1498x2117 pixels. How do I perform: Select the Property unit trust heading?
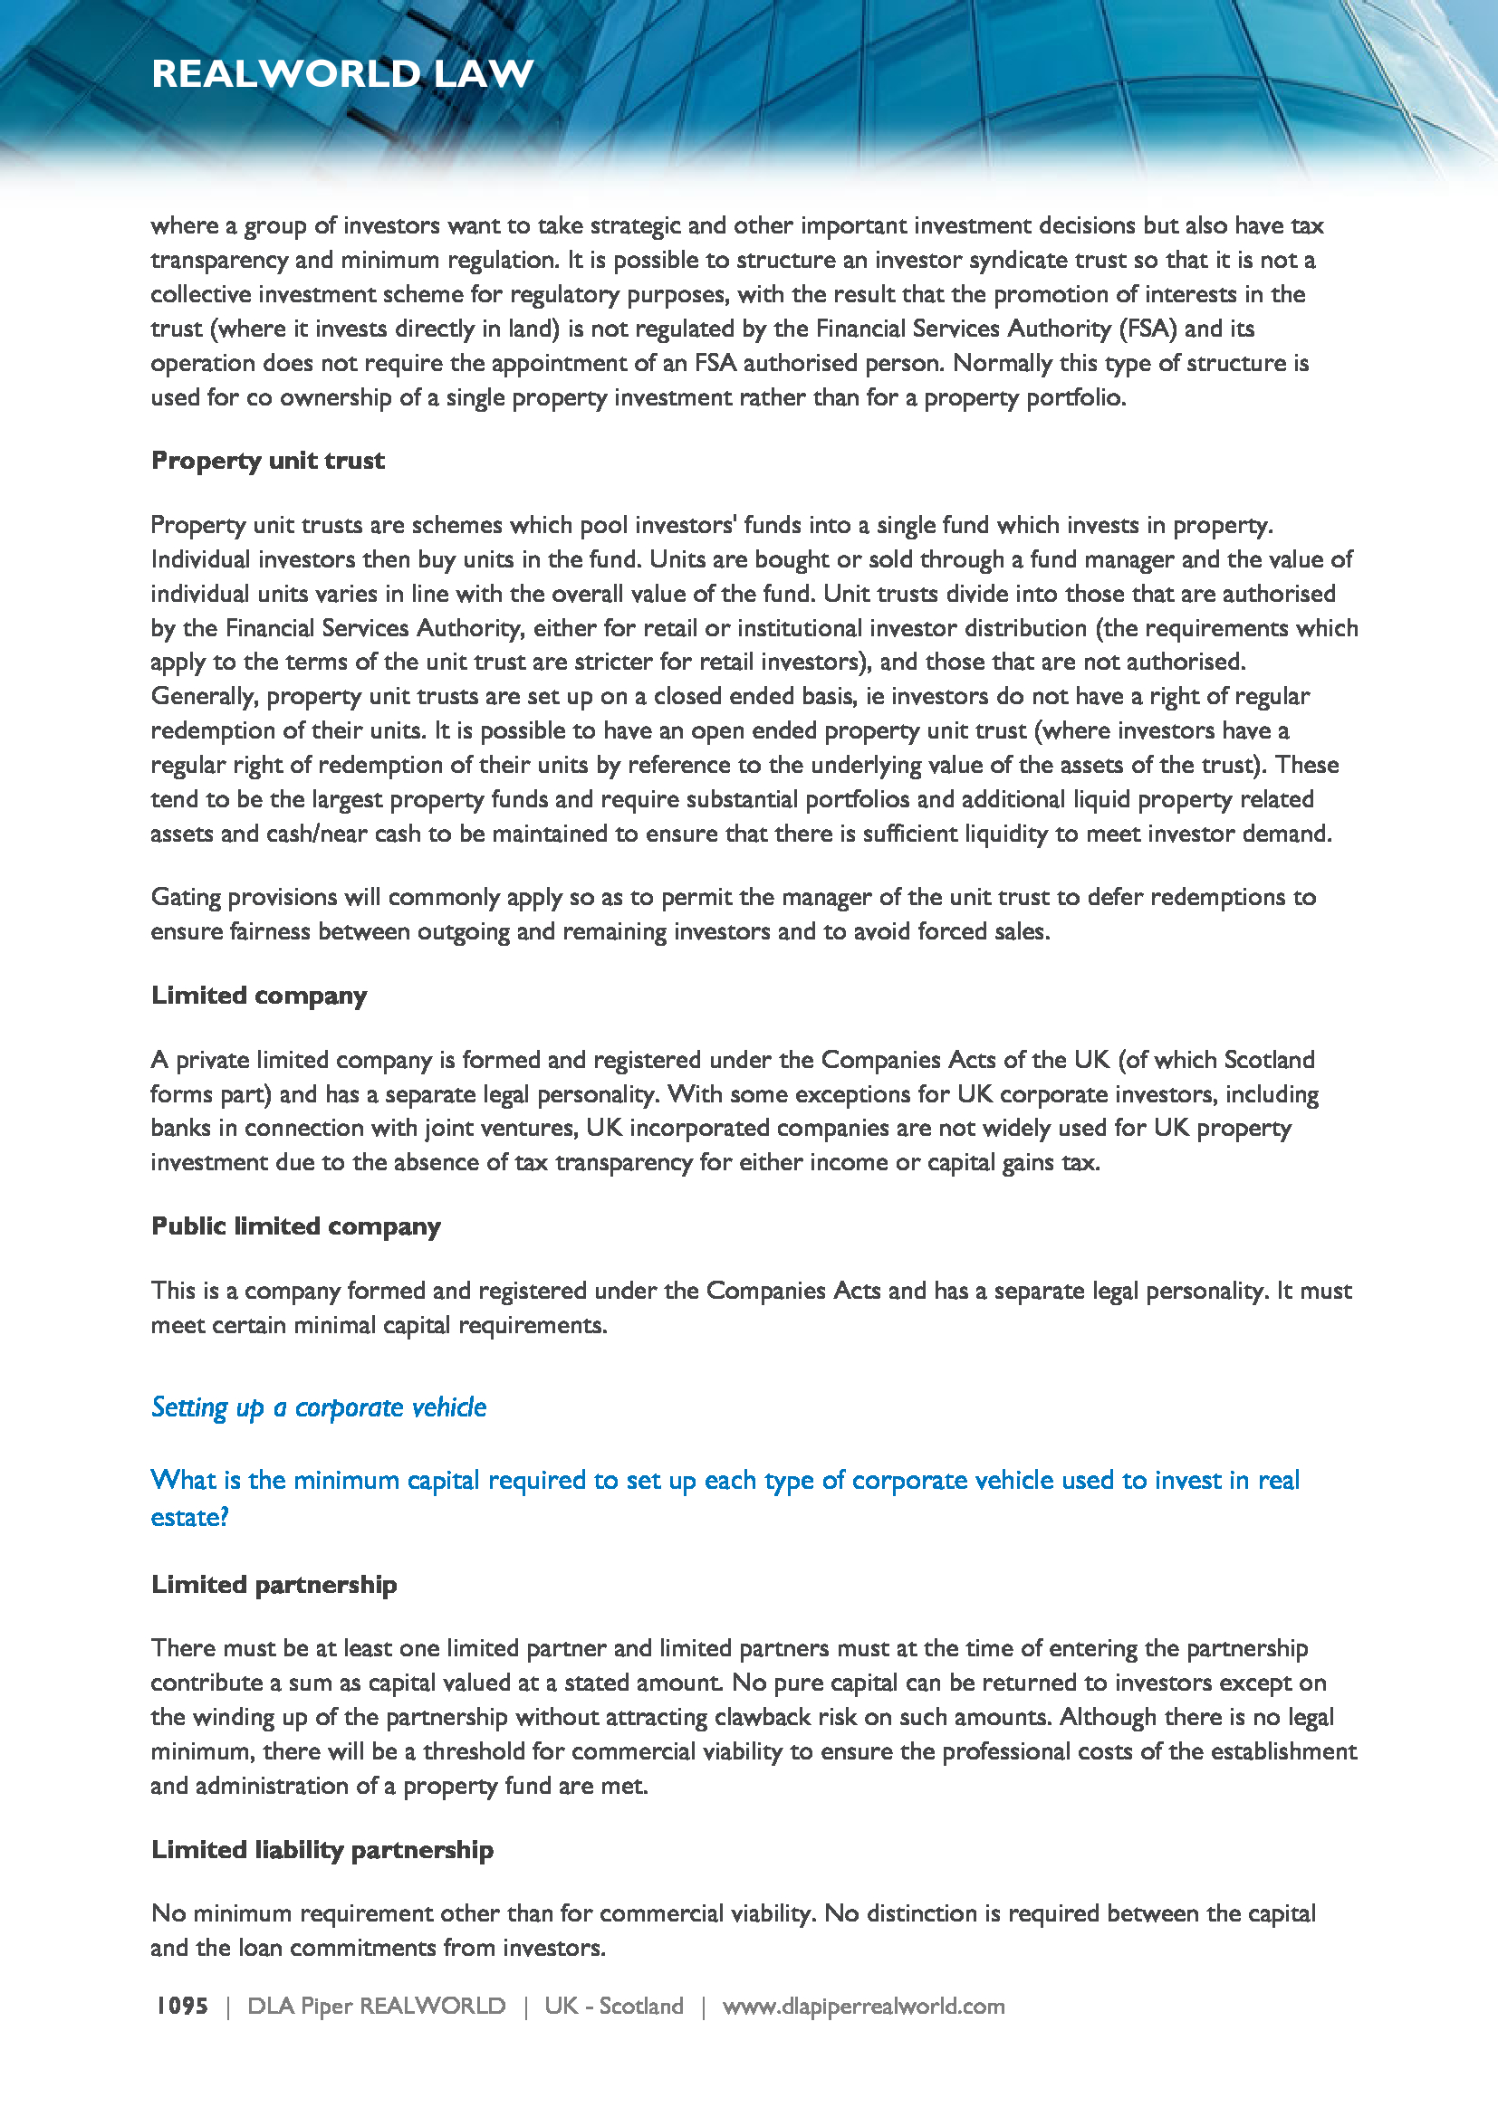267,460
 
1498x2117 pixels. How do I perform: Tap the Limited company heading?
259,996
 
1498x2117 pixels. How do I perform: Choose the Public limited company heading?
296,1226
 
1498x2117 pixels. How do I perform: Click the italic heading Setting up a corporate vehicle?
318,1407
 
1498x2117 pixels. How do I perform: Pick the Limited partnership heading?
274,1584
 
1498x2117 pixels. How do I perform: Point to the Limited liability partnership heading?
322,1850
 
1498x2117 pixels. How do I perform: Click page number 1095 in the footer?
182,2007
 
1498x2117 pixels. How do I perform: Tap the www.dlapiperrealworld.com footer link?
863,2007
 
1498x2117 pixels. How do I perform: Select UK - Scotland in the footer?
613,2007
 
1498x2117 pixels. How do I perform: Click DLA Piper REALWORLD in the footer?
377,2007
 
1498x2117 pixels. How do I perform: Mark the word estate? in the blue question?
189,1518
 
